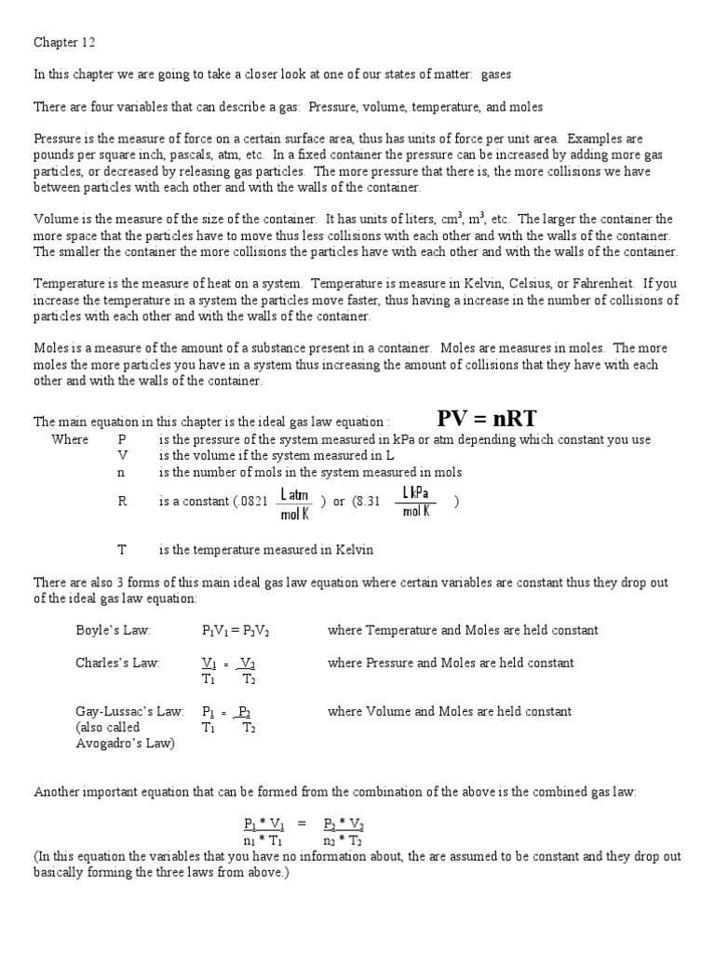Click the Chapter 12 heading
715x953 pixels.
point(64,42)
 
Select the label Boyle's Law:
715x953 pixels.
point(113,630)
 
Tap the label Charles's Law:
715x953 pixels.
point(117,663)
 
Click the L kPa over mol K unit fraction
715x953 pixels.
point(415,500)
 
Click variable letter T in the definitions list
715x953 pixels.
point(121,549)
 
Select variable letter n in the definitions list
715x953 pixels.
point(121,472)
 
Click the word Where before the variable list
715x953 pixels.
point(70,439)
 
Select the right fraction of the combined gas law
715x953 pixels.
point(344,832)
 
